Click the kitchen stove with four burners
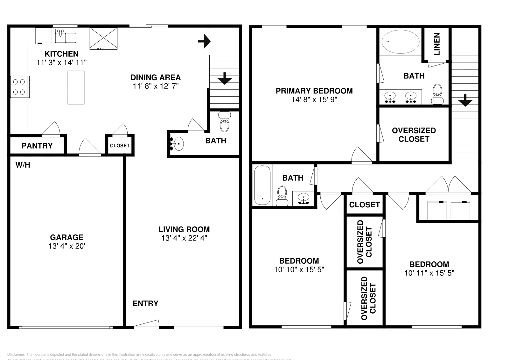tap(20, 87)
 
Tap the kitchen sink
tap(66, 36)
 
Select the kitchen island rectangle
tap(76, 87)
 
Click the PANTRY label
tap(37, 146)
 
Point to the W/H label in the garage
tap(23, 165)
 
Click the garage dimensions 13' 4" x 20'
tap(67, 246)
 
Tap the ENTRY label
tap(145, 303)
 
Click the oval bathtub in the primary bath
tap(401, 42)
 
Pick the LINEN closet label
tap(437, 44)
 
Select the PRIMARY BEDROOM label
tap(314, 91)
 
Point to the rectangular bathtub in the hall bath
tap(262, 185)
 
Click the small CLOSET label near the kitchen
tap(120, 146)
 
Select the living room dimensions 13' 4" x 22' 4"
tap(184, 238)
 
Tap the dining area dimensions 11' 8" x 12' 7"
tap(156, 86)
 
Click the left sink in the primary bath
tap(390, 97)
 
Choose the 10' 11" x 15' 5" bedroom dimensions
tap(429, 273)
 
